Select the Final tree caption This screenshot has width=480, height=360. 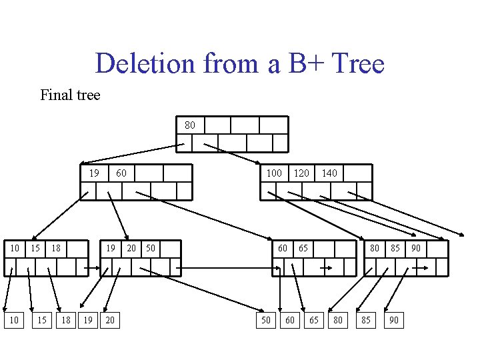coord(70,95)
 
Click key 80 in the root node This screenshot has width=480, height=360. coord(190,125)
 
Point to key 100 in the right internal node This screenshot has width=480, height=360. coord(274,173)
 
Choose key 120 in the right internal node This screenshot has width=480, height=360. coord(301,173)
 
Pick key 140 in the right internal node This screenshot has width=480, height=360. coord(329,173)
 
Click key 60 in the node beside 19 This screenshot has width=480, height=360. coord(121,173)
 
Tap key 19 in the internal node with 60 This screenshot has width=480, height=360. coord(94,173)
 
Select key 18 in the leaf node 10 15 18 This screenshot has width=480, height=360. coord(56,249)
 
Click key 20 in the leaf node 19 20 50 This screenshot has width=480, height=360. coord(131,249)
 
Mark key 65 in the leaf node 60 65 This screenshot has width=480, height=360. coord(303,249)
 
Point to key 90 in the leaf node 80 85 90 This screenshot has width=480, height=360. coord(415,249)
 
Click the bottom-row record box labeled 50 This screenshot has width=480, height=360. coord(266,321)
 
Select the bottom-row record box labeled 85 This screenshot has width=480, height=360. coord(365,321)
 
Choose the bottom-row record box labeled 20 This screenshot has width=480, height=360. coord(109,321)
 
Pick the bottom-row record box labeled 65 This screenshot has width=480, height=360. coord(313,321)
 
